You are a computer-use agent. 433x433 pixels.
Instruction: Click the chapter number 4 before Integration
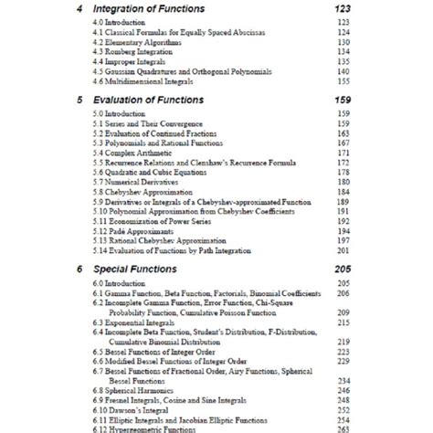coord(81,10)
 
